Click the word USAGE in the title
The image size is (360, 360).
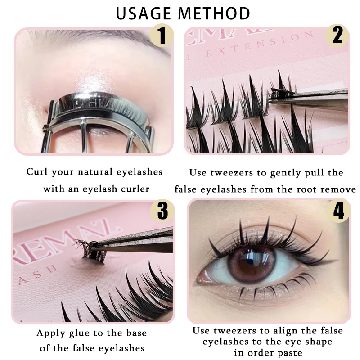(144, 13)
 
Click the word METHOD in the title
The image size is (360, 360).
(214, 13)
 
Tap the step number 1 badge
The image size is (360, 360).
(162, 36)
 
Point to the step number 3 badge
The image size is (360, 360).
(162, 211)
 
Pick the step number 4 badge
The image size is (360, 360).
(338, 211)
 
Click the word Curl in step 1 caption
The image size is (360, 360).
(35, 172)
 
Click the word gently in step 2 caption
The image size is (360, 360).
(285, 173)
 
